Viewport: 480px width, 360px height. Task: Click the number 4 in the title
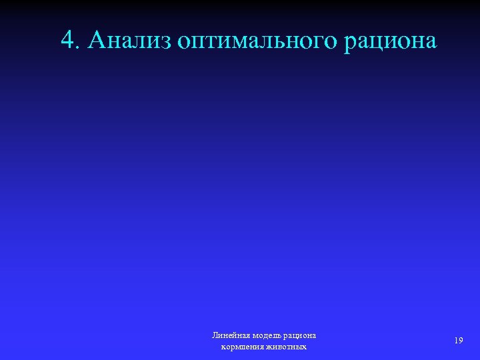(x=67, y=41)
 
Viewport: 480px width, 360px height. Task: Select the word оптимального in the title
(x=259, y=42)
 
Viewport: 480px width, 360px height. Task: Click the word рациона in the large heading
(x=391, y=42)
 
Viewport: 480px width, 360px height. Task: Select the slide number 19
(x=459, y=341)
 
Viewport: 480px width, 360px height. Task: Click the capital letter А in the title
(x=97, y=41)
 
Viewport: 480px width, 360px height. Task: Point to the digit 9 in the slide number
(x=461, y=341)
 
